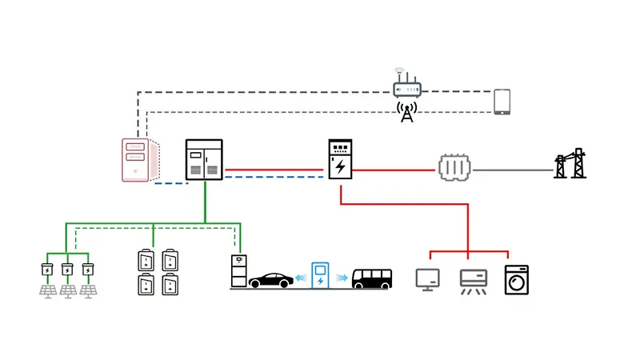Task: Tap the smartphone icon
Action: click(502, 102)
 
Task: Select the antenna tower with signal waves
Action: click(407, 112)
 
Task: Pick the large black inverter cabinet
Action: click(204, 160)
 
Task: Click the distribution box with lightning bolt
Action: click(340, 160)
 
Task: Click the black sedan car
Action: click(270, 280)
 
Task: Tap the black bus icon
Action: click(374, 278)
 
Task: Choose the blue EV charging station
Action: click(321, 274)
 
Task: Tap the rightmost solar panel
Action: click(88, 288)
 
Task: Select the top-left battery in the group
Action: click(146, 260)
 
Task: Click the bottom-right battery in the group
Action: click(170, 286)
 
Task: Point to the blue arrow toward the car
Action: click(302, 278)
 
